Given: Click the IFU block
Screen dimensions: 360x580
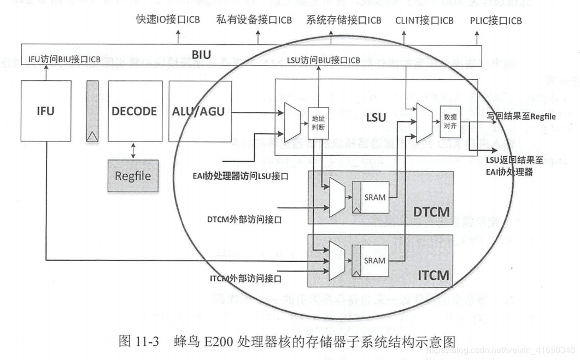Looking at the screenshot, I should pyautogui.click(x=47, y=111).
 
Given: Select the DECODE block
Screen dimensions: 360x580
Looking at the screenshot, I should pyautogui.click(x=135, y=111).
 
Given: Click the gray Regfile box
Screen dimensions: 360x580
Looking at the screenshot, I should pyautogui.click(x=133, y=176).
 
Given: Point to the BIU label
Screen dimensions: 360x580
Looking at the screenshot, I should pyautogui.click(x=201, y=55).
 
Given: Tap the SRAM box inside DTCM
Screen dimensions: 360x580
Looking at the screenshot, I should pyautogui.click(x=375, y=197).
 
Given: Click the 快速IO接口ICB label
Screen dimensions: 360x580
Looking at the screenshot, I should pyautogui.click(x=168, y=20).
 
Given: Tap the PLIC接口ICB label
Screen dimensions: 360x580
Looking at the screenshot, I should pyautogui.click(x=496, y=20).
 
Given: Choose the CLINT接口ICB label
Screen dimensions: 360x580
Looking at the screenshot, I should pyautogui.click(x=424, y=20).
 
